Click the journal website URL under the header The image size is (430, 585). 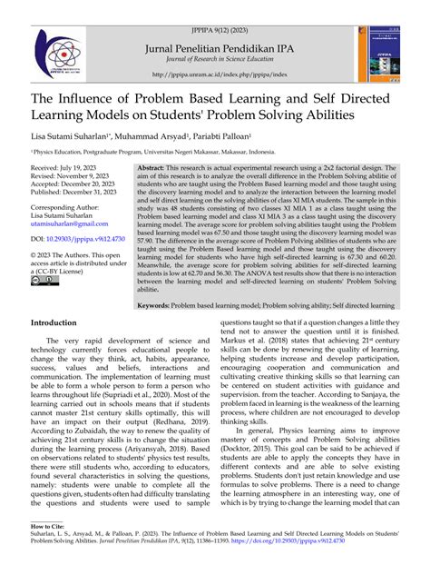pyautogui.click(x=214, y=76)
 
